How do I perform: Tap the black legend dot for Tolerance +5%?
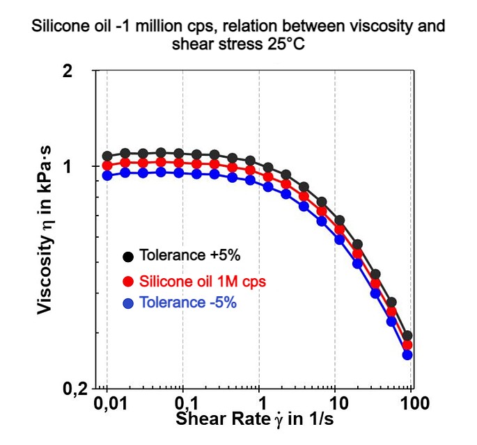click(128, 257)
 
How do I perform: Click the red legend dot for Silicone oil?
click(128, 282)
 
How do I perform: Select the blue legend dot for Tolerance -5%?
click(128, 304)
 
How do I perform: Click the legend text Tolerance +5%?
click(189, 255)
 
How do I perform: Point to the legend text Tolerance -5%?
click(188, 303)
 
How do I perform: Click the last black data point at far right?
click(407, 336)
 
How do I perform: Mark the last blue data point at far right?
click(407, 355)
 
